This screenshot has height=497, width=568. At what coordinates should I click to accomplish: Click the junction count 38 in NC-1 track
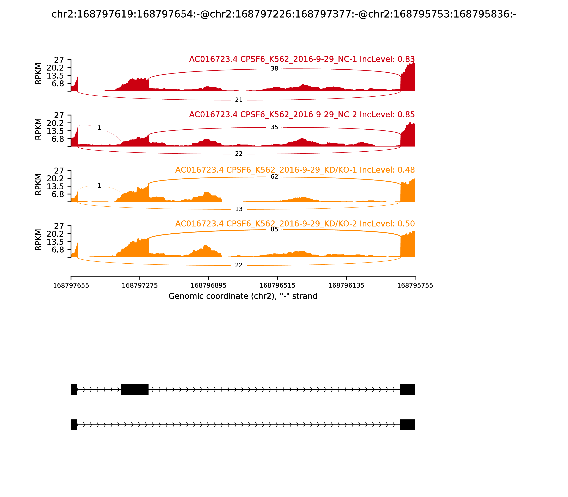pos(274,69)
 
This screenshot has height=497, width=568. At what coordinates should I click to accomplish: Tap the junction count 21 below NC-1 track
pos(239,100)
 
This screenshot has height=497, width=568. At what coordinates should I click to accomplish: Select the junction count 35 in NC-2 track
pos(274,127)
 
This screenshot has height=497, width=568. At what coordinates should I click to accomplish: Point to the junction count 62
pos(274,177)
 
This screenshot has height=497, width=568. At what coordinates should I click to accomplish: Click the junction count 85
pos(274,229)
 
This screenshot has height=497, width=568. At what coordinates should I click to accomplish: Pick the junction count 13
pos(239,209)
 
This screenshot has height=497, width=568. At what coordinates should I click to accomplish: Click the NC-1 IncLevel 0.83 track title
pos(302,59)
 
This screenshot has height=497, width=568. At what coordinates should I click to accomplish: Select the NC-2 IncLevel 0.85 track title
pos(302,114)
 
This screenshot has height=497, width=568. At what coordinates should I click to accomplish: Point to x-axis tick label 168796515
pos(277,286)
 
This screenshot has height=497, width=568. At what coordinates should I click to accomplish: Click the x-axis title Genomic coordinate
pos(243,296)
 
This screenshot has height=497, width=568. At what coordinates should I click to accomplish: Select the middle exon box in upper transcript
pos(135,389)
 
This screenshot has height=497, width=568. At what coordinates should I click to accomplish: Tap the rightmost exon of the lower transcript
pos(407,425)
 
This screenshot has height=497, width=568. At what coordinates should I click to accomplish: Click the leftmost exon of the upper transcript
pos(74,389)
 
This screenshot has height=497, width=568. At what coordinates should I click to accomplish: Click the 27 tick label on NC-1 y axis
pos(59,60)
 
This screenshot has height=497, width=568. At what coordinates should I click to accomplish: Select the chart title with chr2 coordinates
pos(284,14)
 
